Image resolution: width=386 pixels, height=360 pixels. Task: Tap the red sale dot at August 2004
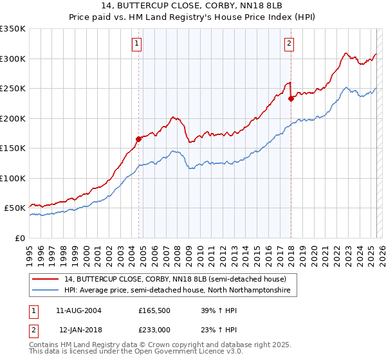[x=138, y=138]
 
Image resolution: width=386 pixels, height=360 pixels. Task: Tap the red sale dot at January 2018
[x=291, y=98]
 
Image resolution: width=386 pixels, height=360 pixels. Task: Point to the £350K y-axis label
[x=13, y=29]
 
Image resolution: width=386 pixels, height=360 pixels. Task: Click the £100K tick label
[x=13, y=178]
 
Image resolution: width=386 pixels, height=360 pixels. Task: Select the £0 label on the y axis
[x=21, y=238]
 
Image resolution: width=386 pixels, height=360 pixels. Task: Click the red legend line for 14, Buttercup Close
[x=46, y=279]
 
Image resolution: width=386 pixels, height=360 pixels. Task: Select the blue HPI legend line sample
[x=46, y=291]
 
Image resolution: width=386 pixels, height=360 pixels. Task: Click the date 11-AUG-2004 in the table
[x=79, y=310]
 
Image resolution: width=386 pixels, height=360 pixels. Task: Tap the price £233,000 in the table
[x=154, y=329]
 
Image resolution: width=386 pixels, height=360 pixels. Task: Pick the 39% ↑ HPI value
[x=209, y=310]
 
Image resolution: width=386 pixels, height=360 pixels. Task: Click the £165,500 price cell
[x=154, y=310]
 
